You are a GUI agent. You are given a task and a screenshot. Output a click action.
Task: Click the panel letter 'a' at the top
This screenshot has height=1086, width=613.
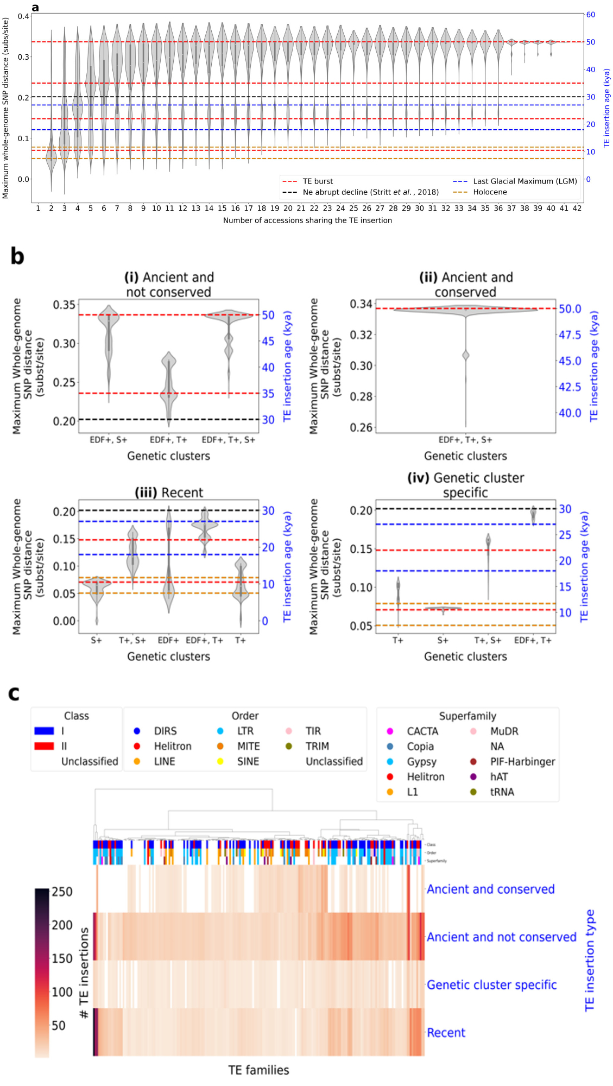35,8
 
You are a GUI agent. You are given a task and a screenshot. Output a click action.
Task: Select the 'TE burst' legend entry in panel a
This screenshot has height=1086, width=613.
318,181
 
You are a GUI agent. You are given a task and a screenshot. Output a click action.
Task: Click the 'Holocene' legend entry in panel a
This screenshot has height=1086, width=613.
490,192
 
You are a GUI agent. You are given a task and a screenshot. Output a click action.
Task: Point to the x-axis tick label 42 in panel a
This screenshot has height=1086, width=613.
577,208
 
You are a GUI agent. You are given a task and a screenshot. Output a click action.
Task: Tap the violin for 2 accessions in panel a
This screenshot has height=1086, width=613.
51,157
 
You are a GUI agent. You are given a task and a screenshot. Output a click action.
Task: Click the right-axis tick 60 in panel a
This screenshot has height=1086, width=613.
590,15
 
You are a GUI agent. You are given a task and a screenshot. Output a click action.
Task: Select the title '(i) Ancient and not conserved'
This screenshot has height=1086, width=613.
169,285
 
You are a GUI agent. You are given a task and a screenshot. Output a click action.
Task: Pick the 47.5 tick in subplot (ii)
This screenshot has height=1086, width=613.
570,335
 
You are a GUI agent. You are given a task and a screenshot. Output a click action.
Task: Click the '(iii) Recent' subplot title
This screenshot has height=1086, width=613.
169,493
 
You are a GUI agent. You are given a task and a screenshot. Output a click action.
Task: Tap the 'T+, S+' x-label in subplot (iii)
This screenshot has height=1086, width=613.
132,641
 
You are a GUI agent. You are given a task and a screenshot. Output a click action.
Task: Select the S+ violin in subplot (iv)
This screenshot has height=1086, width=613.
443,609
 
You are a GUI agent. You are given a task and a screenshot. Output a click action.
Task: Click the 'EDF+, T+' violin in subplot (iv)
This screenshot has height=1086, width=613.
533,515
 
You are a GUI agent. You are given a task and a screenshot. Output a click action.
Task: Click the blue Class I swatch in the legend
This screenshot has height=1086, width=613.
44,731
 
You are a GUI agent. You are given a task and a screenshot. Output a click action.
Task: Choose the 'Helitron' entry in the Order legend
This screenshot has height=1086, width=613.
173,747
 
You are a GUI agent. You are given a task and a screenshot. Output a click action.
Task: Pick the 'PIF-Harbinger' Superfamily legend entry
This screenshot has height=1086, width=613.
522,762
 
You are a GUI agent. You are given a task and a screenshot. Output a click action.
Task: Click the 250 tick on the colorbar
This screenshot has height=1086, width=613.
62,892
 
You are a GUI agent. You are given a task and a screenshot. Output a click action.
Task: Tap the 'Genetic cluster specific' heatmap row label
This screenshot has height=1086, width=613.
491,985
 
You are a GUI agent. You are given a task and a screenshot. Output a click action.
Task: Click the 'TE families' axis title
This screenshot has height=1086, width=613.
258,1070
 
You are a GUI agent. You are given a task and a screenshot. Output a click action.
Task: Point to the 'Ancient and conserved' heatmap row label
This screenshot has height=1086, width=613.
490,889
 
